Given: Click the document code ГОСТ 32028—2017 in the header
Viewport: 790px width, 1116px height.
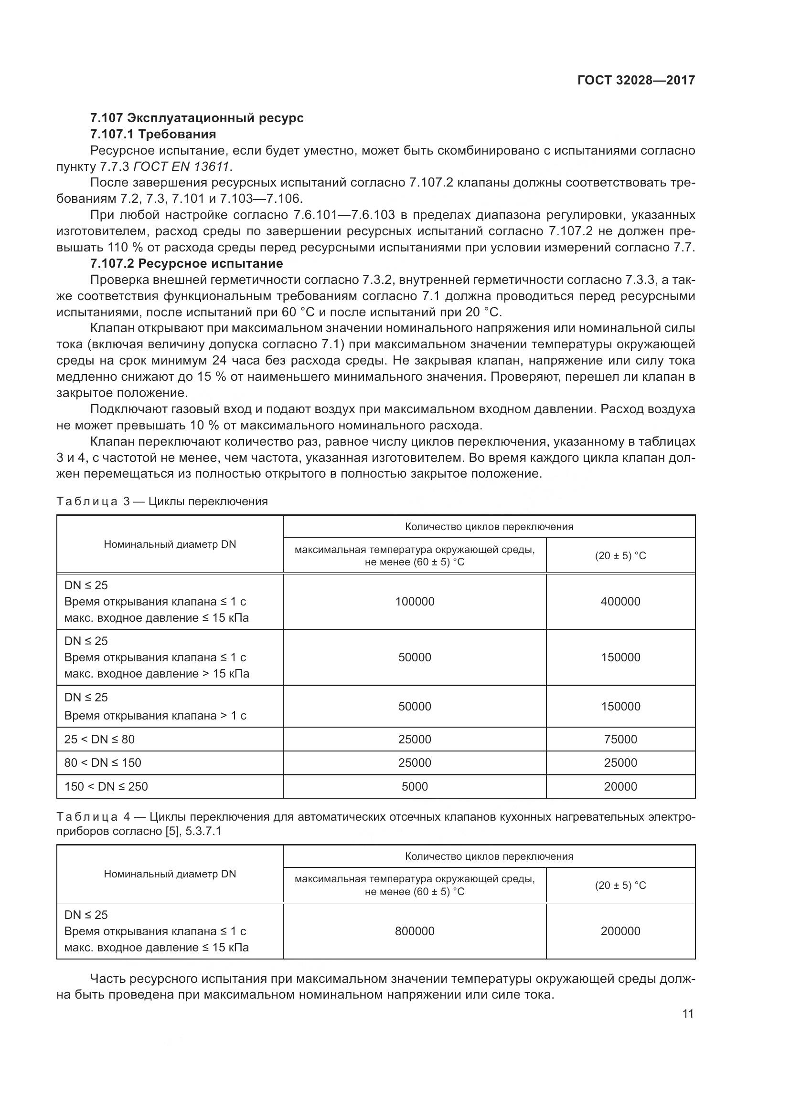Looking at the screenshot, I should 636,80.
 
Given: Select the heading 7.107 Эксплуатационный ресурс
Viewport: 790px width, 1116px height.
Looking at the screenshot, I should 196,118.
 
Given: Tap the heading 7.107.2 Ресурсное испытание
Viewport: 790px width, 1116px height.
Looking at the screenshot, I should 186,263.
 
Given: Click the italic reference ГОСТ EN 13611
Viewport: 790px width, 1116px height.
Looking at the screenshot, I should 181,167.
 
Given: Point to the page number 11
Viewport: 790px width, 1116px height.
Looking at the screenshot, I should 688,1014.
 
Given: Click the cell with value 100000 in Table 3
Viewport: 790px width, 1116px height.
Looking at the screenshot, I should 415,601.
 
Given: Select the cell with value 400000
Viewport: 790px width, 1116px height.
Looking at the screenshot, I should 620,601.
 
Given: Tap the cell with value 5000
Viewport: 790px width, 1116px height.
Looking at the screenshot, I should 415,786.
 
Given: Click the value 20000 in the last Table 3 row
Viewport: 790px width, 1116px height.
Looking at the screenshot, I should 620,786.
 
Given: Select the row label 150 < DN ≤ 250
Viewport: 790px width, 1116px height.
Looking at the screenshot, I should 106,786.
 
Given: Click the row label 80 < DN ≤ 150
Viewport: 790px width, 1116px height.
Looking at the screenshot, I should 103,762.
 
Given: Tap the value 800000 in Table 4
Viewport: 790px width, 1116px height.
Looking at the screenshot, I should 415,931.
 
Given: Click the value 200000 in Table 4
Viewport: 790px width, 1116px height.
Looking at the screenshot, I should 620,931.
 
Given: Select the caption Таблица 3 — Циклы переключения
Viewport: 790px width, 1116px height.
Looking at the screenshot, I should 162,501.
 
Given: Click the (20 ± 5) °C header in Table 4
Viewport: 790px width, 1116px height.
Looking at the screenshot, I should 620,885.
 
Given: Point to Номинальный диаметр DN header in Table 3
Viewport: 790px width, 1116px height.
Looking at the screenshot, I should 170,544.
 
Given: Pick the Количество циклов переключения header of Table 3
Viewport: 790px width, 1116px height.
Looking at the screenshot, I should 489,526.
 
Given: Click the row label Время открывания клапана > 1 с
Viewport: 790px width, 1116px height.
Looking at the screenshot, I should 155,716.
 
